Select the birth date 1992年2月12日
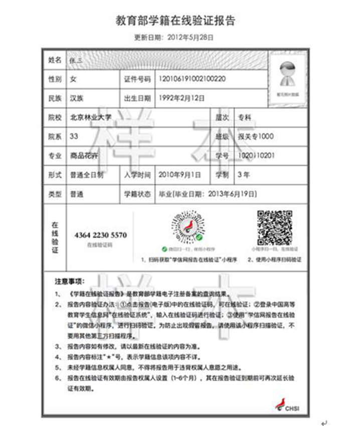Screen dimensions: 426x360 click(181, 98)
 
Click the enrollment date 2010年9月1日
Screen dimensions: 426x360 click(179, 174)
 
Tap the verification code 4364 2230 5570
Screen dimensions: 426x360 click(100, 235)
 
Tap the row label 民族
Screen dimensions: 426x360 click(54, 98)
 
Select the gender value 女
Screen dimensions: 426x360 click(73, 79)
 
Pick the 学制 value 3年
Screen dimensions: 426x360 click(244, 174)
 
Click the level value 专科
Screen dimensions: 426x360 click(244, 117)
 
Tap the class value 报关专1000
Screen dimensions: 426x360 click(256, 136)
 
